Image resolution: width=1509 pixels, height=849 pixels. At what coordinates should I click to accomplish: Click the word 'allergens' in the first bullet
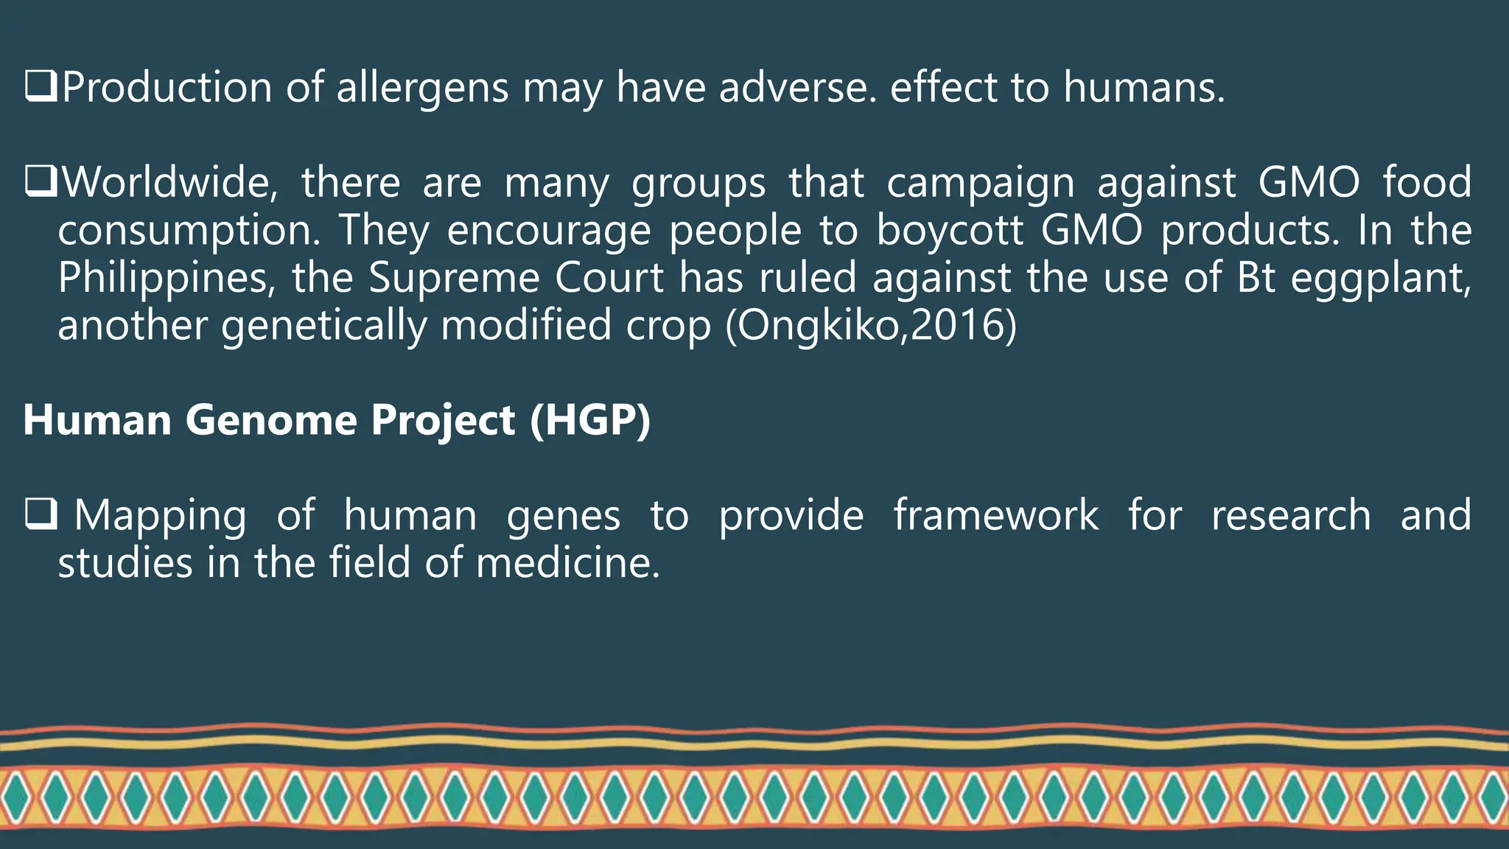pyautogui.click(x=422, y=88)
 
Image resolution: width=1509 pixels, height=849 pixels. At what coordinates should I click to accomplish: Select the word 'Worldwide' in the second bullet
pyautogui.click(x=169, y=182)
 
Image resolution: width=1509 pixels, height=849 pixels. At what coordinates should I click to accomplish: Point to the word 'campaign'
pyautogui.click(x=980, y=184)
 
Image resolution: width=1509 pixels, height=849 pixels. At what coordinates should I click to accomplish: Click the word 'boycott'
pyautogui.click(x=950, y=230)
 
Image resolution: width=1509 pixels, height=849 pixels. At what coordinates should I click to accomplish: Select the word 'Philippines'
pyautogui.click(x=166, y=279)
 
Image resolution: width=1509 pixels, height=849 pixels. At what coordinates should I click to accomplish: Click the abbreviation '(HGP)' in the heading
pyautogui.click(x=590, y=420)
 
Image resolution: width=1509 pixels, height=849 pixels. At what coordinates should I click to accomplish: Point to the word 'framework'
pyautogui.click(x=995, y=514)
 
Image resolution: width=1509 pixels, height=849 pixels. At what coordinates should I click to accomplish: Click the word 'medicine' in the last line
pyautogui.click(x=567, y=563)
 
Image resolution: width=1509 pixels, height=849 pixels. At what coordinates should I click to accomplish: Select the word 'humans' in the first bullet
pyautogui.click(x=1143, y=88)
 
